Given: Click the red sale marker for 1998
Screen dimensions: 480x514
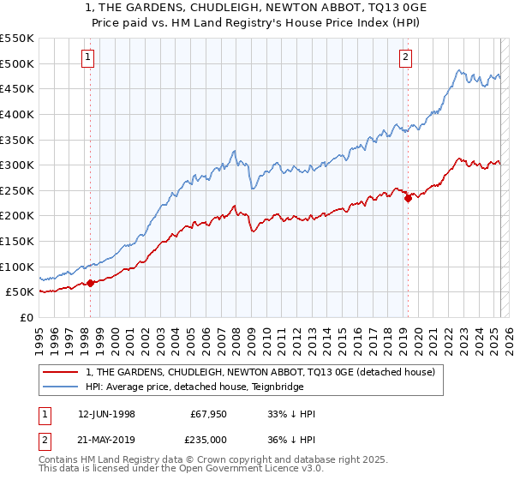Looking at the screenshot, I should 91,283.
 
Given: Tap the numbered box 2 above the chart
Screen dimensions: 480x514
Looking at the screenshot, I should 405,57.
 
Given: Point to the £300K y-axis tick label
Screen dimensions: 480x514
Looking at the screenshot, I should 18,165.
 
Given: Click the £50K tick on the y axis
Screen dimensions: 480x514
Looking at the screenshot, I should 21,292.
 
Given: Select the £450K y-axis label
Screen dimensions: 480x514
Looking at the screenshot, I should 18,88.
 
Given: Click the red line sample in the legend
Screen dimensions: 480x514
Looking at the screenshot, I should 61,372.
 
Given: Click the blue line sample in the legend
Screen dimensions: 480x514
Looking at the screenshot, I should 61,387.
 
